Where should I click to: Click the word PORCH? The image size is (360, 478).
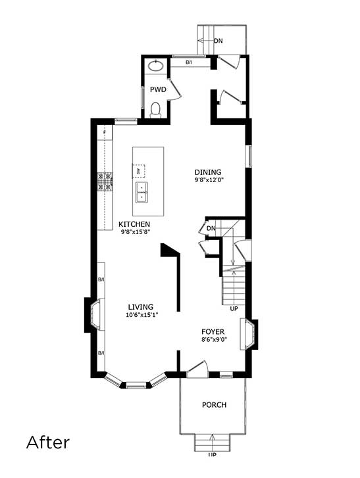[214, 405]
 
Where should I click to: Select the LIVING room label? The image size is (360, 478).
[141, 307]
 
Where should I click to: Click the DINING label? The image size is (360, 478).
[207, 172]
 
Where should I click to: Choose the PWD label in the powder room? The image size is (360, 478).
[157, 88]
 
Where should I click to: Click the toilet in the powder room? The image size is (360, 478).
[156, 110]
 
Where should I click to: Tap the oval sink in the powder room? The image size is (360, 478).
[156, 65]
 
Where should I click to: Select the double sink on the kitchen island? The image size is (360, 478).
[141, 191]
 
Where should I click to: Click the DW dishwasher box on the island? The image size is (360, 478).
[139, 171]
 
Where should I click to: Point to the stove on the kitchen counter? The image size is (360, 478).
[105, 181]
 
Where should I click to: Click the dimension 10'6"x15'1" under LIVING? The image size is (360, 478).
[141, 315]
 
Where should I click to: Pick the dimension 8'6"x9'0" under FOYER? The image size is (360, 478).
[213, 340]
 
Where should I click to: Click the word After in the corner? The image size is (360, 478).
[47, 442]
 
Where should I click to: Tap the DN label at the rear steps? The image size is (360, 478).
[218, 41]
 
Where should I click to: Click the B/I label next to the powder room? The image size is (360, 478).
[188, 62]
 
